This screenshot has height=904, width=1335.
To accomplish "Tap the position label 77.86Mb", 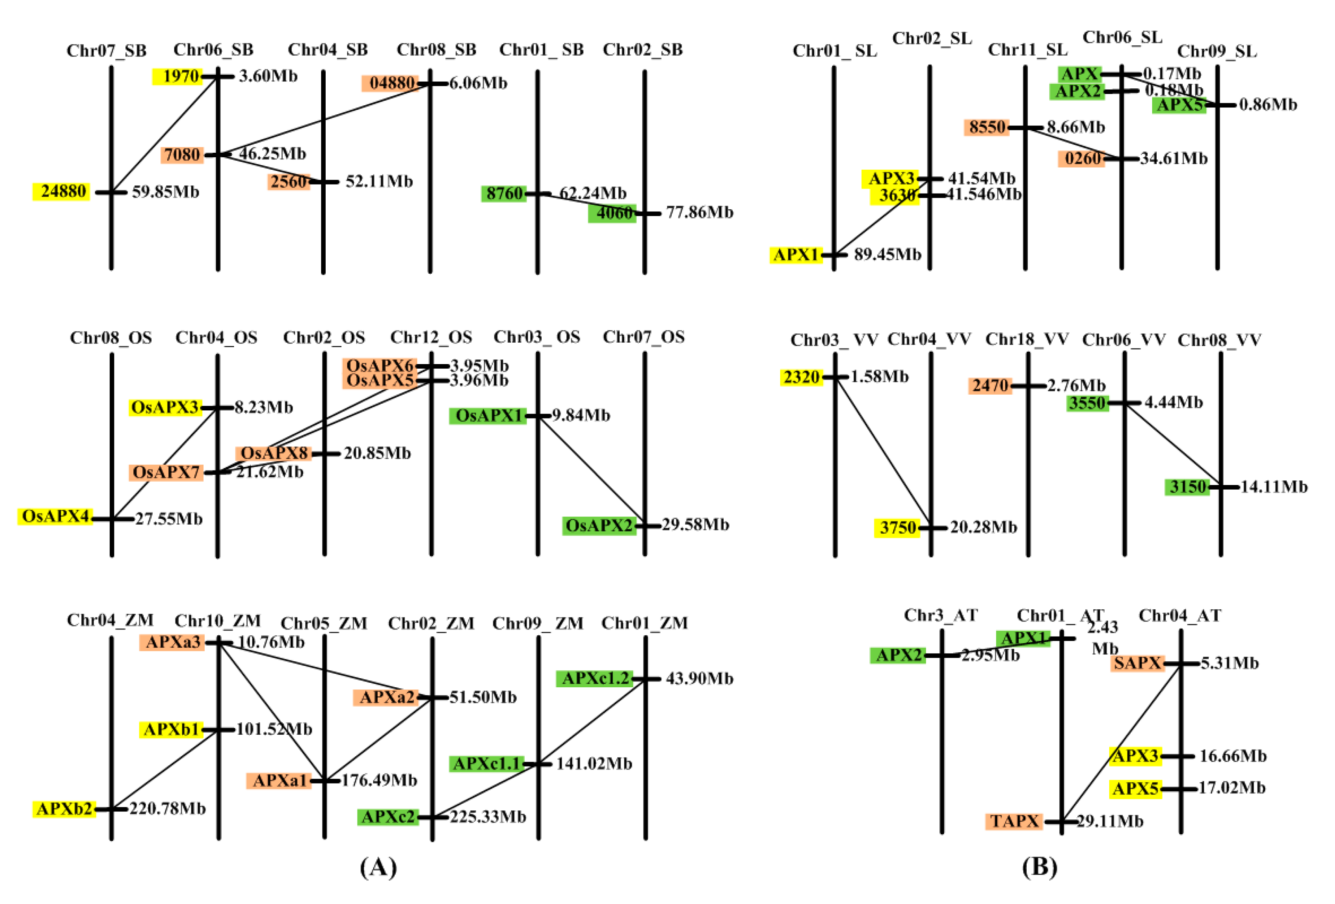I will pyautogui.click(x=699, y=213).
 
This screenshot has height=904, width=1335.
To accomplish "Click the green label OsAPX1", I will pyautogui.click(x=488, y=415).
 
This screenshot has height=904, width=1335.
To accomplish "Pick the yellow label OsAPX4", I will pyautogui.click(x=55, y=516).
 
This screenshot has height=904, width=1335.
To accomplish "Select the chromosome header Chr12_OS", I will pyautogui.click(x=431, y=337).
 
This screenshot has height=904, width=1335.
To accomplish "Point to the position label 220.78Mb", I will pyautogui.click(x=167, y=808).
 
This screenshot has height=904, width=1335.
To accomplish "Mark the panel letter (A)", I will pyautogui.click(x=378, y=866).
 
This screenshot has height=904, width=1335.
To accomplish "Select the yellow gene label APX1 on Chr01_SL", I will pyautogui.click(x=795, y=254).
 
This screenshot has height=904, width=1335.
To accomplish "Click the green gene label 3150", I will pyautogui.click(x=1187, y=487).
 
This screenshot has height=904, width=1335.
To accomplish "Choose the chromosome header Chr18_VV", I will pyautogui.click(x=1027, y=339).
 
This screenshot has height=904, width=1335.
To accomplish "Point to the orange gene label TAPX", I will pyautogui.click(x=1015, y=821).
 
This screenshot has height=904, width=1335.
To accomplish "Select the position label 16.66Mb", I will pyautogui.click(x=1232, y=756).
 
